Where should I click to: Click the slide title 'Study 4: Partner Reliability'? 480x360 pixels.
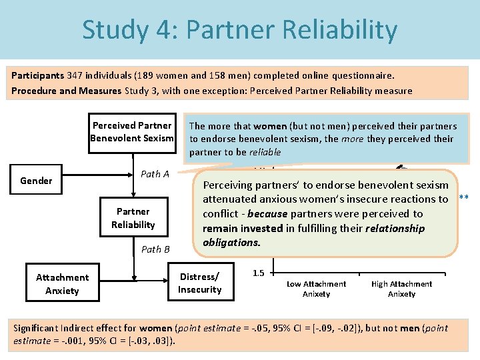coord(239,30)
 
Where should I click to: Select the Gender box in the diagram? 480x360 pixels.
coord(36,181)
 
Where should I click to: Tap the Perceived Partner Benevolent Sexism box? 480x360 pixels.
coord(132,132)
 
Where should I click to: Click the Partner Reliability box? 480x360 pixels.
coord(133,218)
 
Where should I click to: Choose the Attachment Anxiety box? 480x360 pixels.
coord(62,284)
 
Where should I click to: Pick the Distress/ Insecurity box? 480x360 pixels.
coord(199,283)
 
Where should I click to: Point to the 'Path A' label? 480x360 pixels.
coord(155,174)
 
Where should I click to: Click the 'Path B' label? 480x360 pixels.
coord(155,249)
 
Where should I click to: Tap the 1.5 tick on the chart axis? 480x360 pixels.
coord(259,273)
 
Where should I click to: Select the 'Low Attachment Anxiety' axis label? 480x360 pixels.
coord(316,289)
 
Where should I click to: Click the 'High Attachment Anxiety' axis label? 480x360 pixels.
coord(401,289)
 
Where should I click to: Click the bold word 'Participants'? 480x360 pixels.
coord(37,75)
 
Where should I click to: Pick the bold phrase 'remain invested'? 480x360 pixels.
coord(243,229)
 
